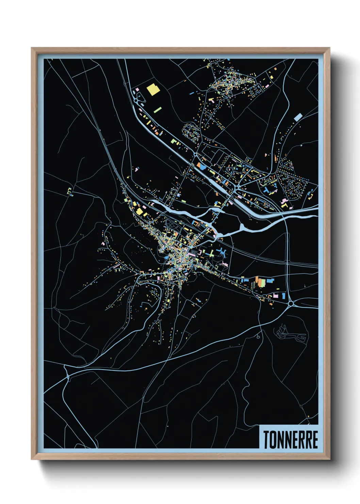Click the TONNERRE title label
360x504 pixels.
tap(290, 440)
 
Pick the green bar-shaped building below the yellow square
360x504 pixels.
tap(158, 110)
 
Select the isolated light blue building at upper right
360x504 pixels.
tap(298, 117)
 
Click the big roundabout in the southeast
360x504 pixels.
tap(291, 303)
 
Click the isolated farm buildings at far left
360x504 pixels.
tap(69, 191)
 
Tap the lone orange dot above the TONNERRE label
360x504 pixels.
tap(308, 416)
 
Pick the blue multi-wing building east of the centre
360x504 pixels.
tap(222, 252)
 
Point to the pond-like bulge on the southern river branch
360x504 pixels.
tap(242, 227)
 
